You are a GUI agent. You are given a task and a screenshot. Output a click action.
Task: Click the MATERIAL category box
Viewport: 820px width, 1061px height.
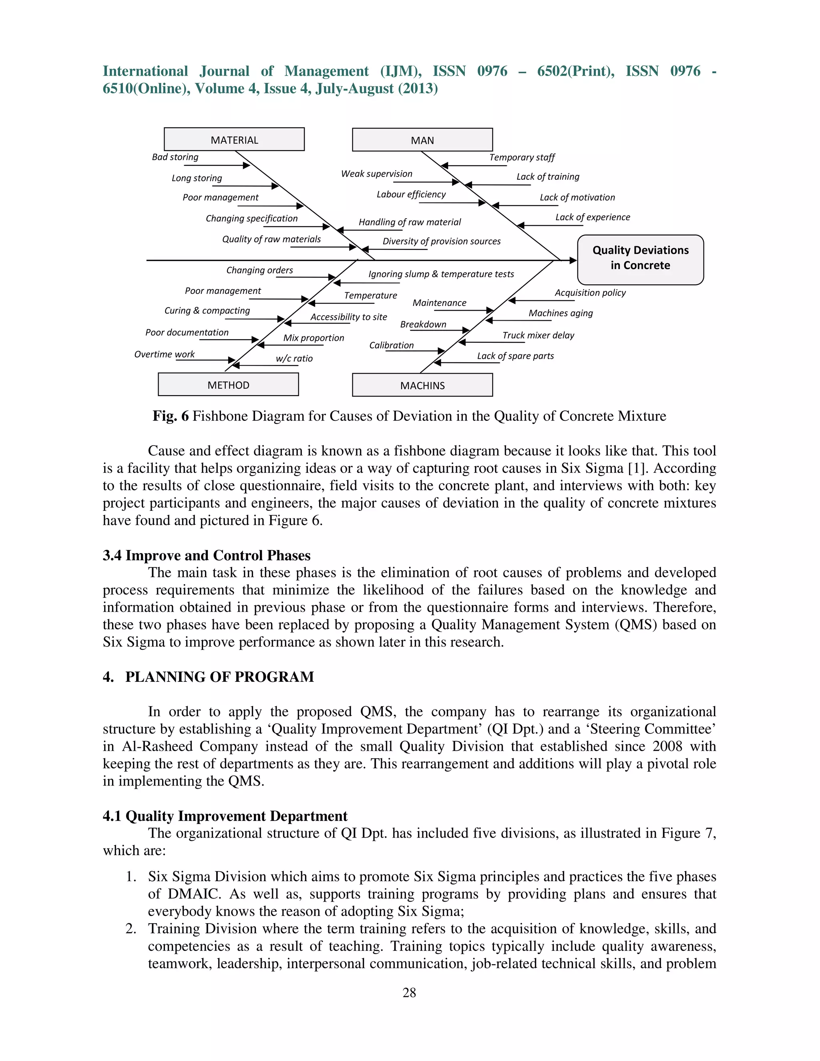234,139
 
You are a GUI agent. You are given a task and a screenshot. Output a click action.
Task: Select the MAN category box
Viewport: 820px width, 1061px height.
422,140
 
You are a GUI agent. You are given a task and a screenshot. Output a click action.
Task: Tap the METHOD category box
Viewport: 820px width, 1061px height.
228,385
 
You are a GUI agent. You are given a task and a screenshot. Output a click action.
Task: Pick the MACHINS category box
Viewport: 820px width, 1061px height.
422,385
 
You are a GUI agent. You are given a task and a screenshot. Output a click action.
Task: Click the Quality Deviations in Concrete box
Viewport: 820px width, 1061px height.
640,258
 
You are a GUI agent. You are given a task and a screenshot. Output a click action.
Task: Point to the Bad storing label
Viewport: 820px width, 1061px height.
175,157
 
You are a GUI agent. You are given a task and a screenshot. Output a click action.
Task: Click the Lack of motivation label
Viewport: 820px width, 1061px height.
577,197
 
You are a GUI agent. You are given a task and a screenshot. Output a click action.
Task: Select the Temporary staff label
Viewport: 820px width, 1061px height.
522,157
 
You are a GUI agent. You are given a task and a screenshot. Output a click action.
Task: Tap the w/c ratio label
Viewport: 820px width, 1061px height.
294,358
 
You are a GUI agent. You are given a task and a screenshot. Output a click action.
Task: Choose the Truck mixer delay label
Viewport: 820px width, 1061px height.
538,335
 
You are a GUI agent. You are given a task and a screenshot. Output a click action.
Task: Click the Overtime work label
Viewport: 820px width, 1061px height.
164,354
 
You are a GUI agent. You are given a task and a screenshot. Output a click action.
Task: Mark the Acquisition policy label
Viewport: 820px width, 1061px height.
590,292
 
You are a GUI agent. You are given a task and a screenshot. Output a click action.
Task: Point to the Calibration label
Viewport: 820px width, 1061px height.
391,346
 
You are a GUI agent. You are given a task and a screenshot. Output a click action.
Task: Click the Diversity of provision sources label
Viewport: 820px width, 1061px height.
441,241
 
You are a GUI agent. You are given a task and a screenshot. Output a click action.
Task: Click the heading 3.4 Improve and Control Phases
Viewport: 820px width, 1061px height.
207,555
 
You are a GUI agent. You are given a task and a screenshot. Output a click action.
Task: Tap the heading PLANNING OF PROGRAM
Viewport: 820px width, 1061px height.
219,677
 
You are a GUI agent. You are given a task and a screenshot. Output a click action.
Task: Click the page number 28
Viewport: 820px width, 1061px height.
409,993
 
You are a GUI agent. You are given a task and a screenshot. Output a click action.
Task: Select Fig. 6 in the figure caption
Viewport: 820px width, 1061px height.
171,416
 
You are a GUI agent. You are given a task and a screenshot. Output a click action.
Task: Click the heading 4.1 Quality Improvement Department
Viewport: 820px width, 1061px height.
225,816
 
